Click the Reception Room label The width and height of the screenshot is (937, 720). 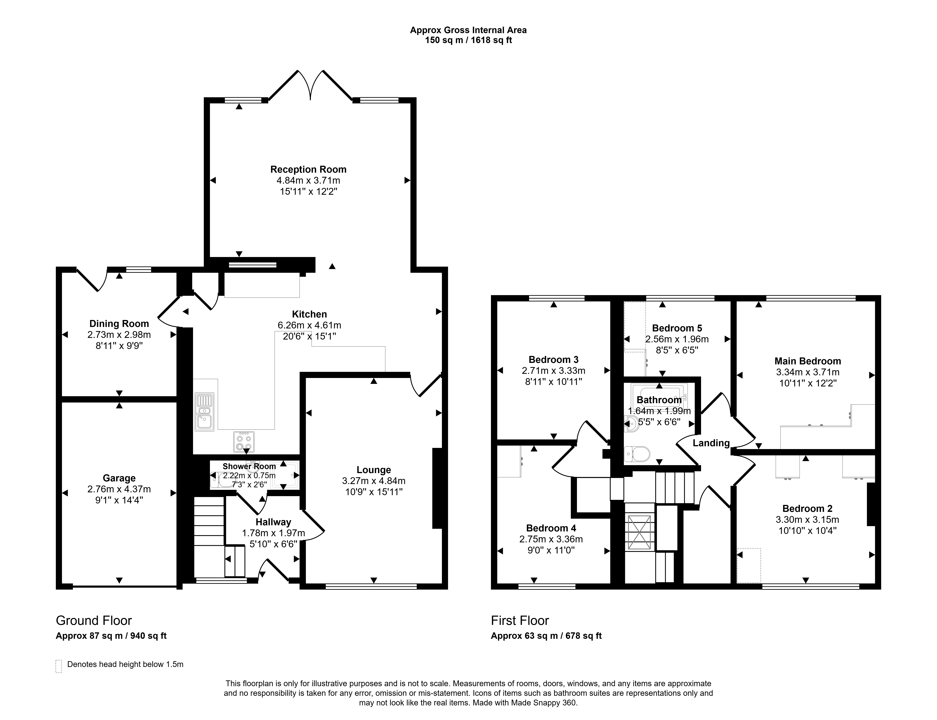pos(308,169)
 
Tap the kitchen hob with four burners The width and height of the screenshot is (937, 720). pos(244,442)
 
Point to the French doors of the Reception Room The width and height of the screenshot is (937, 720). pos(310,85)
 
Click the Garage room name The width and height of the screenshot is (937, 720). pos(119,478)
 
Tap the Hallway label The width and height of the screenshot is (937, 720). pos(273,522)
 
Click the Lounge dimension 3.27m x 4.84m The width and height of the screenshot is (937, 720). pos(374,481)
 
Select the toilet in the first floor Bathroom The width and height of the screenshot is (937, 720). pos(637,453)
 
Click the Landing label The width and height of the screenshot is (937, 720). pos(711,443)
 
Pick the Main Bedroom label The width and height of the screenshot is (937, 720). pos(808,361)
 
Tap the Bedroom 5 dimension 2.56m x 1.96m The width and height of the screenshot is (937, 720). pos(677,339)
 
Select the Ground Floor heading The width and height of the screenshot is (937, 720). pos(94,621)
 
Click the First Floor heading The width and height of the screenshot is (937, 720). pos(520,621)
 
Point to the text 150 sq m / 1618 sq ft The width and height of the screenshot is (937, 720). pos(468,40)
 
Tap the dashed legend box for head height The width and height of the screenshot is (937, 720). pos(59,666)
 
